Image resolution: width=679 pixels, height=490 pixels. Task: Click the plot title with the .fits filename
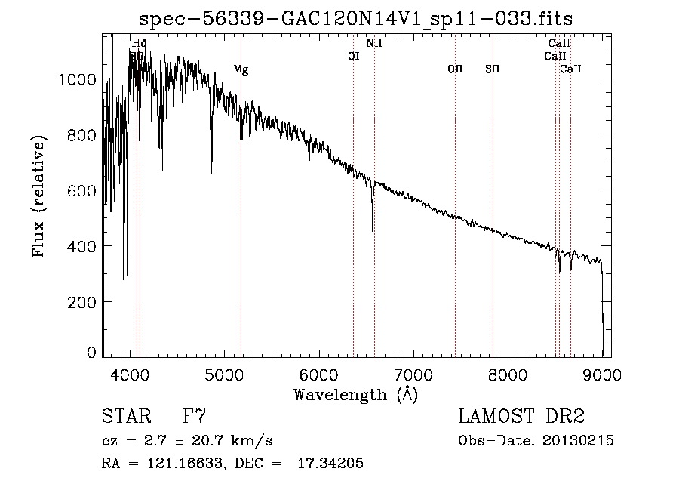coord(355,18)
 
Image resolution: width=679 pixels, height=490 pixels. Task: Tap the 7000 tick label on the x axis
coord(413,374)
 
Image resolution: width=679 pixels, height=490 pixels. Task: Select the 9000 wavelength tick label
coord(602,374)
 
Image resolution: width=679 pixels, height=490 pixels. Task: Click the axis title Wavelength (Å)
coord(355,394)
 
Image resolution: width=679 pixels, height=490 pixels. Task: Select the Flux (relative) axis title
coord(38,196)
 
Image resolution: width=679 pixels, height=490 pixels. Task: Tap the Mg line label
coord(241,69)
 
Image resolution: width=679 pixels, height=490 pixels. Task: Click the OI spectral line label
coord(353,55)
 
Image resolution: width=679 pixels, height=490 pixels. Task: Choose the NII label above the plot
coord(374,43)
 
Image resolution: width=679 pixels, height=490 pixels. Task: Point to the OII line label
coord(455,69)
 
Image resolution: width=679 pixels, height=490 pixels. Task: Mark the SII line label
coord(493,69)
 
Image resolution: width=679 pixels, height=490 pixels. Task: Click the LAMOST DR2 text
coord(521,416)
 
